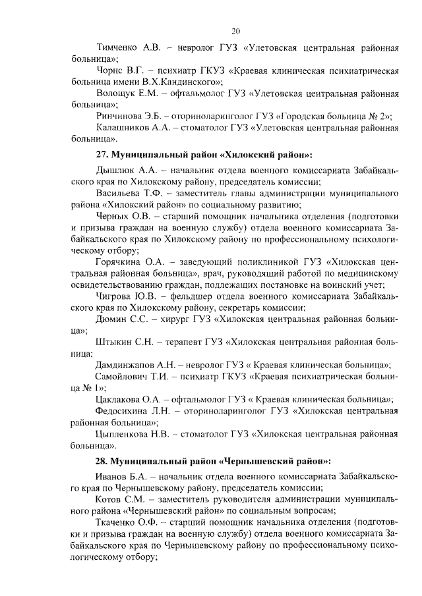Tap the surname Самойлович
click(x=125, y=376)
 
